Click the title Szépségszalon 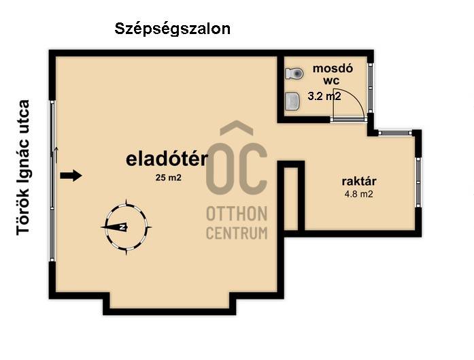point(172,30)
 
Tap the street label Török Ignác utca point(23,167)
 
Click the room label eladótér point(167,159)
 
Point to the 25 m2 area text point(169,178)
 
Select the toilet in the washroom point(294,73)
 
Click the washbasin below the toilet point(292,101)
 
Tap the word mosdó point(333,69)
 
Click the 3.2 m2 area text point(324,96)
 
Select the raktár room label point(359,181)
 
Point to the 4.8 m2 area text point(359,194)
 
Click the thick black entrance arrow point(71,176)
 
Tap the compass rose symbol point(126,227)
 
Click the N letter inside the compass point(123,227)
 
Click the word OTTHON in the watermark point(237,214)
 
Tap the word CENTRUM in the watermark point(237,233)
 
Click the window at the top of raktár point(395,133)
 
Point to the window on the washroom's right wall point(371,88)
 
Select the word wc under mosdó point(331,81)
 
